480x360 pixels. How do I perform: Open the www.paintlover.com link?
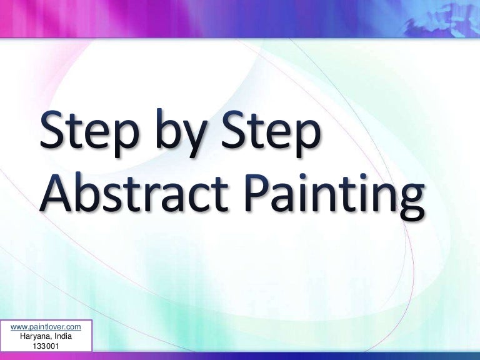point(46,326)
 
